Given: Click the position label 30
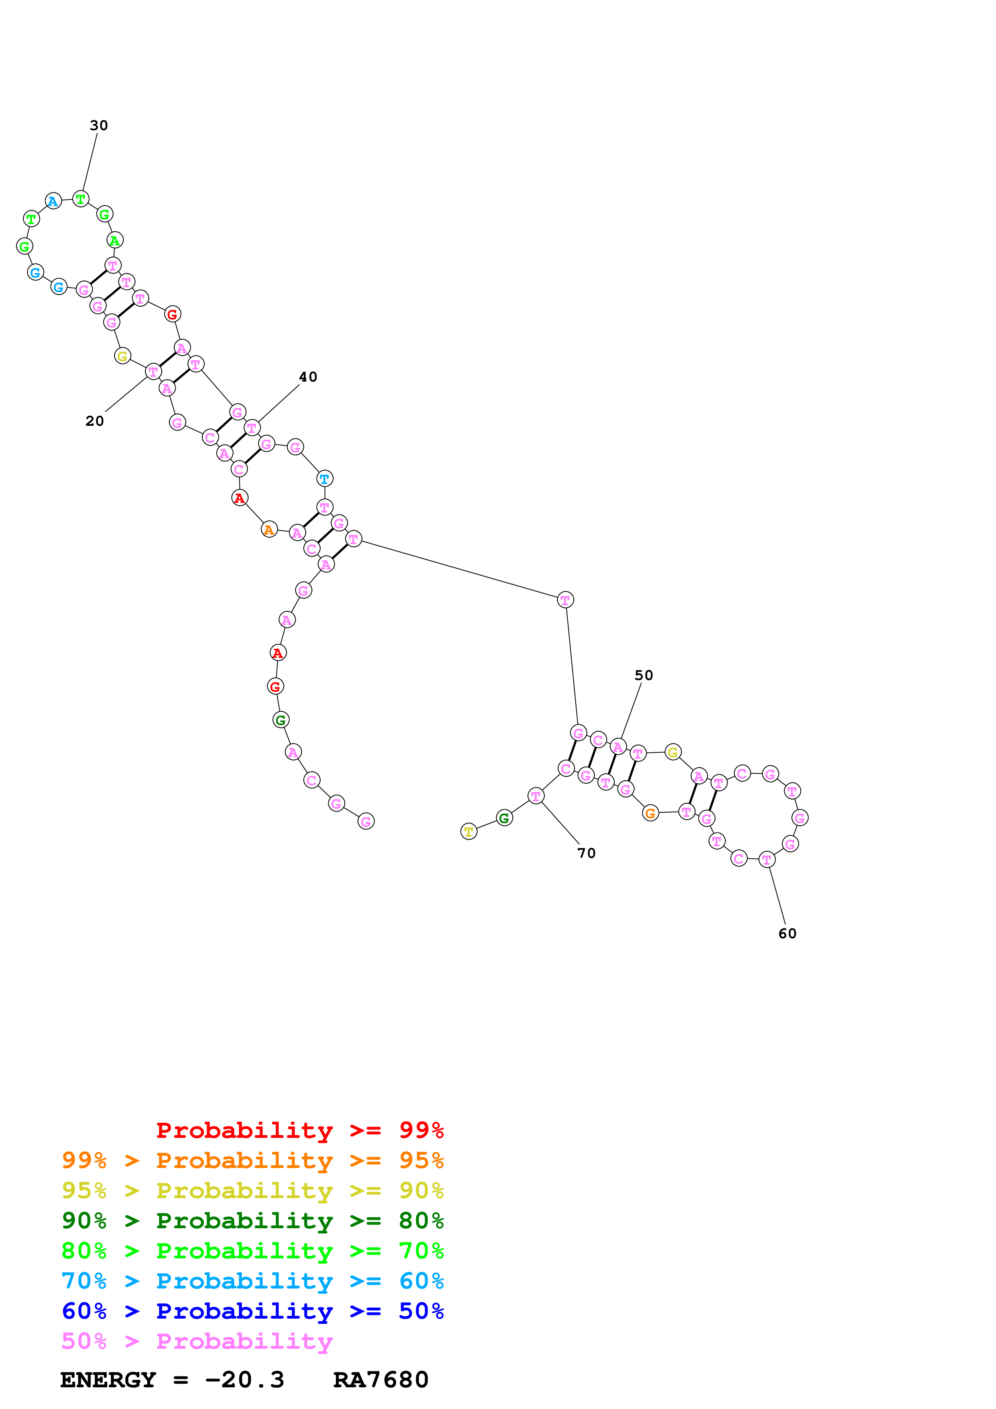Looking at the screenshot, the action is point(99,125).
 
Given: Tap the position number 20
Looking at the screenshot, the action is point(94,421).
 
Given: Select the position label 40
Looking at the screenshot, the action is point(308,377).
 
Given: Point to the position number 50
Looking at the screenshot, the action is point(644,675).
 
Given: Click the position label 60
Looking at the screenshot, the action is point(787,933).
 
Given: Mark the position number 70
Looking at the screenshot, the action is point(587,853).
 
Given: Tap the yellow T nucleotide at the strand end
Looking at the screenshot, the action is point(469,831).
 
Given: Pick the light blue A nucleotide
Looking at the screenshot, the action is point(53,201).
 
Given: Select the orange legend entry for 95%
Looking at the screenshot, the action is point(252,1160).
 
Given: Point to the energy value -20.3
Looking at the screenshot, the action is point(244,1380).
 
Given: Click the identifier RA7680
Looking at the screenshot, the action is point(380,1380).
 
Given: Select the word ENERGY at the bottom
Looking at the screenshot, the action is point(108,1380).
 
